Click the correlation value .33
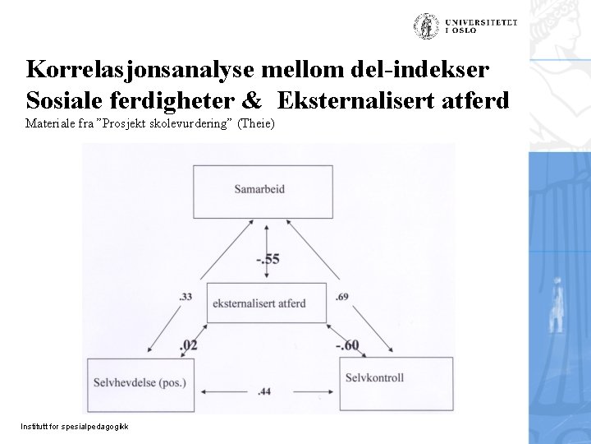click(x=185, y=296)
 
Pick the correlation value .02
click(x=188, y=345)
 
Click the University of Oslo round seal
click(x=425, y=25)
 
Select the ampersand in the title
click(x=253, y=100)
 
